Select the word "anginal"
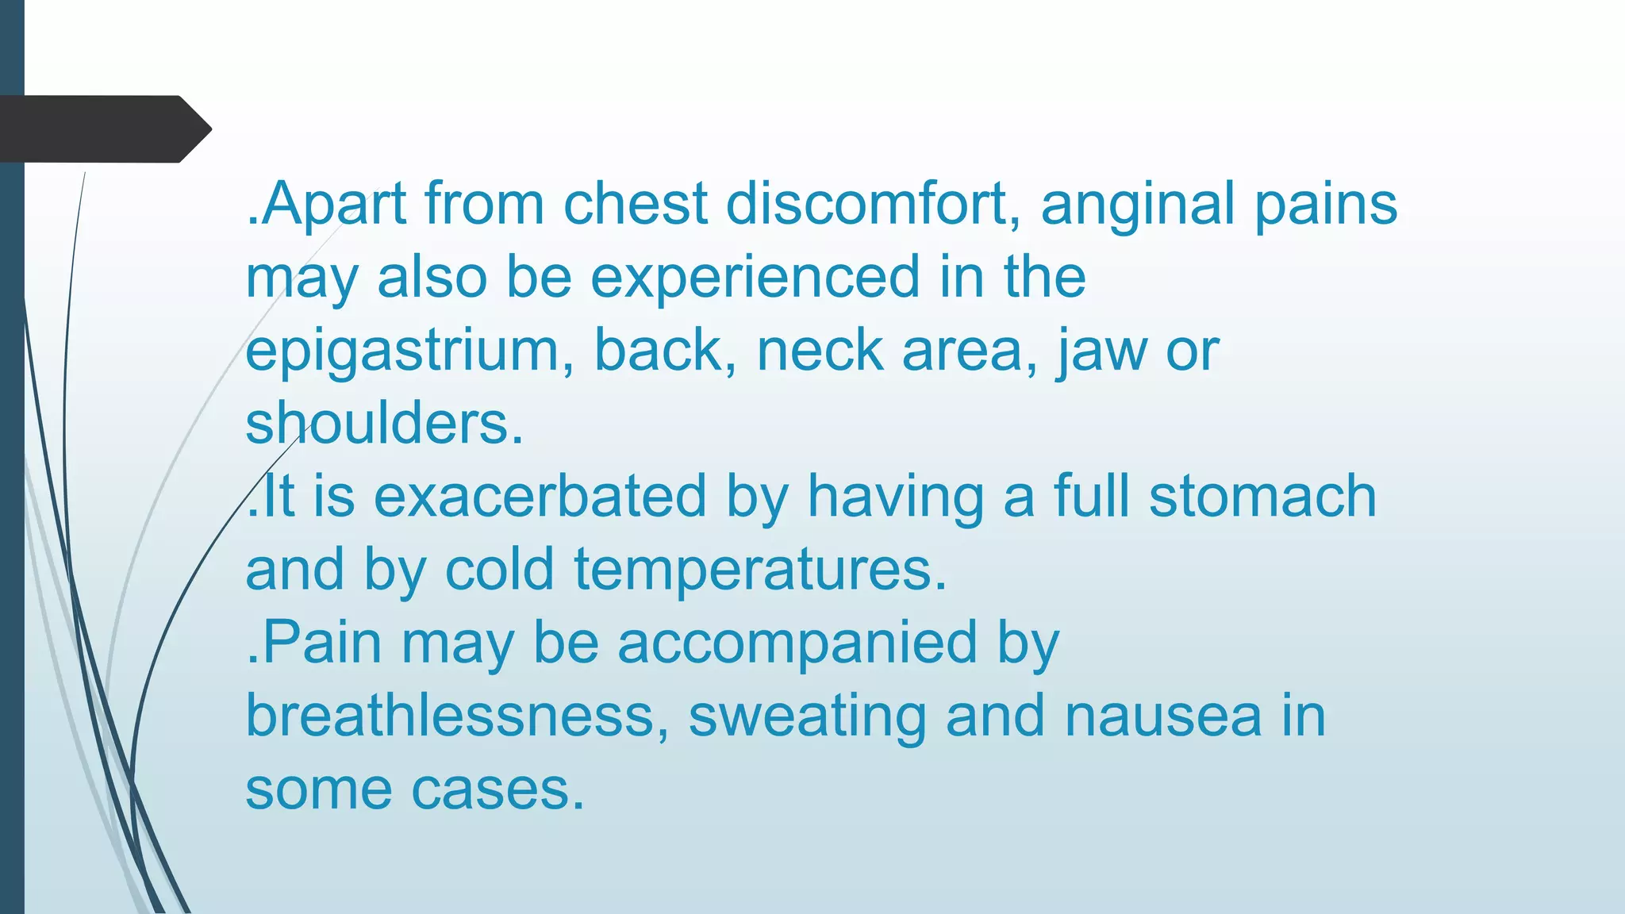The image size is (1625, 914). tap(1138, 204)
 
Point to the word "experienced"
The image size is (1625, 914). tap(755, 278)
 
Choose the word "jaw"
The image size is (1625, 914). tap(1101, 351)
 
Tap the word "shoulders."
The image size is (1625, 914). tap(384, 424)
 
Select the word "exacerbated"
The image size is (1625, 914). tap(540, 497)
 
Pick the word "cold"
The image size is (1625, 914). tap(499, 570)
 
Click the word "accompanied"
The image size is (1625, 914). tap(797, 643)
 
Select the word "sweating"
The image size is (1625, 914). tap(807, 717)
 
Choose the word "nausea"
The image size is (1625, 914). tap(1163, 716)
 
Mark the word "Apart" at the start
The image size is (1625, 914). tap(333, 205)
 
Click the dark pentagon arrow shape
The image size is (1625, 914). tap(103, 129)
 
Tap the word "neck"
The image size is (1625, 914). tap(820, 351)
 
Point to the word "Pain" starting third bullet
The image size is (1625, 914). tap(322, 643)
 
